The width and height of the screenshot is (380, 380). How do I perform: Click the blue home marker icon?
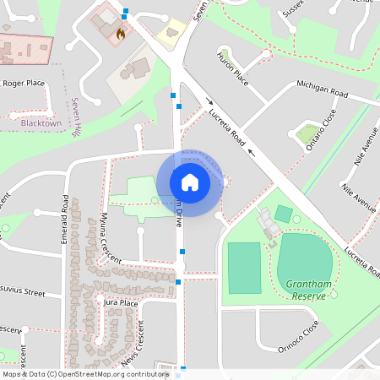[x=189, y=182]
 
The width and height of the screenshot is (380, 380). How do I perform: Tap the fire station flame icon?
[x=120, y=35]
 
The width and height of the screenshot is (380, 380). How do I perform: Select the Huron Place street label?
[x=232, y=68]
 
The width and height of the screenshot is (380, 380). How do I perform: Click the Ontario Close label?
[x=321, y=129]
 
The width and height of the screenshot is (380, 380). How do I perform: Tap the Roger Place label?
[x=23, y=84]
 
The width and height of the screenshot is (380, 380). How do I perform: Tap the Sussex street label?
[x=295, y=8]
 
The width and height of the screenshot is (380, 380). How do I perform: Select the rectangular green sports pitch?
[x=244, y=267]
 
